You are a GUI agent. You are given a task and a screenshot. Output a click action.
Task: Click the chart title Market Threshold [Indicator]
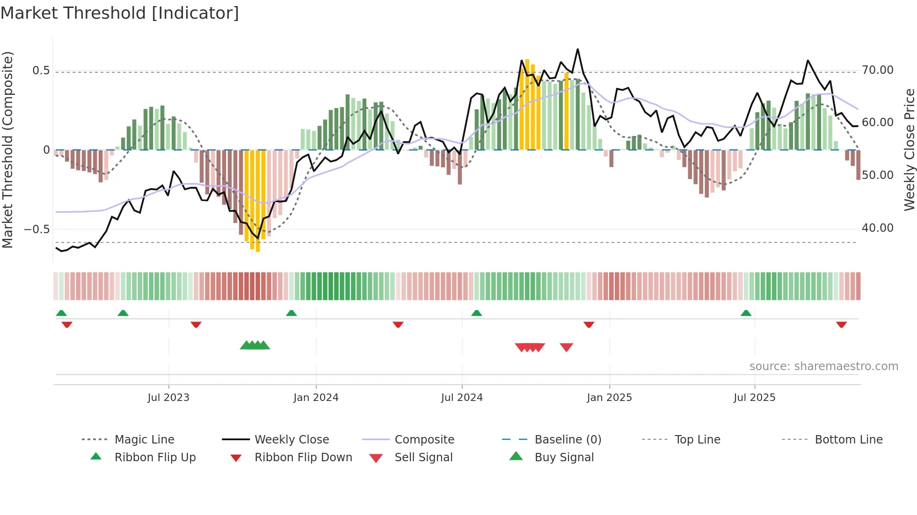point(120,13)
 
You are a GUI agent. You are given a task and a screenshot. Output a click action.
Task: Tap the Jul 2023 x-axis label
point(168,398)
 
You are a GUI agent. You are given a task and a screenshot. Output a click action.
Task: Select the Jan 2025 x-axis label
point(609,398)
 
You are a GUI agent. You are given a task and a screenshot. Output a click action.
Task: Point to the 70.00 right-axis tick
point(877,70)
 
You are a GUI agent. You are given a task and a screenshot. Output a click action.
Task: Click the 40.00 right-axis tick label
point(877,228)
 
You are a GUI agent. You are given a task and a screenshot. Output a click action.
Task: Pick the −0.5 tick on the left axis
point(36,229)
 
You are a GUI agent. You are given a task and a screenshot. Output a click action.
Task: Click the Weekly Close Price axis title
point(909,150)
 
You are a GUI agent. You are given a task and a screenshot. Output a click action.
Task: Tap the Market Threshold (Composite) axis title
point(7,150)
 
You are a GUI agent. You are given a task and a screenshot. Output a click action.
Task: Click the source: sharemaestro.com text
point(823,366)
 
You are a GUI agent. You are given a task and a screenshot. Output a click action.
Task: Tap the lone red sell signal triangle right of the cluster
point(566,347)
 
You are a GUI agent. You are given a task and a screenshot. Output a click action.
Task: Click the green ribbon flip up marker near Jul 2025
point(746,313)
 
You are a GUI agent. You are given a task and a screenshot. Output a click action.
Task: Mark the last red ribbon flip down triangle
point(841,324)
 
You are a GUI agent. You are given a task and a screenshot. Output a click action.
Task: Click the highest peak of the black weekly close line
point(577,49)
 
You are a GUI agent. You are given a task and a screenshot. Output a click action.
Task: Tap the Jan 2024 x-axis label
point(316,398)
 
